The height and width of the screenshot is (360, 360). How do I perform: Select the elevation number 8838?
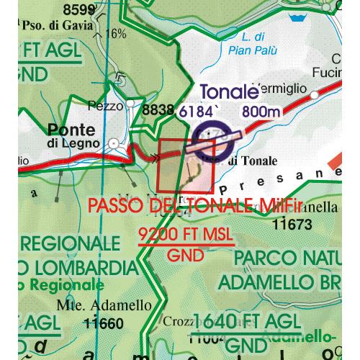[x=158, y=110]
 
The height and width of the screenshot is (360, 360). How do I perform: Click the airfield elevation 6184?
[x=198, y=112]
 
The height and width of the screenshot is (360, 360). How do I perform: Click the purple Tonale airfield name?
[x=229, y=91]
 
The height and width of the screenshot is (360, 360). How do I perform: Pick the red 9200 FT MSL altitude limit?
[x=186, y=235]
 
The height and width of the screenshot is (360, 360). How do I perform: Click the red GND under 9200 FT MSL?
[x=184, y=255]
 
